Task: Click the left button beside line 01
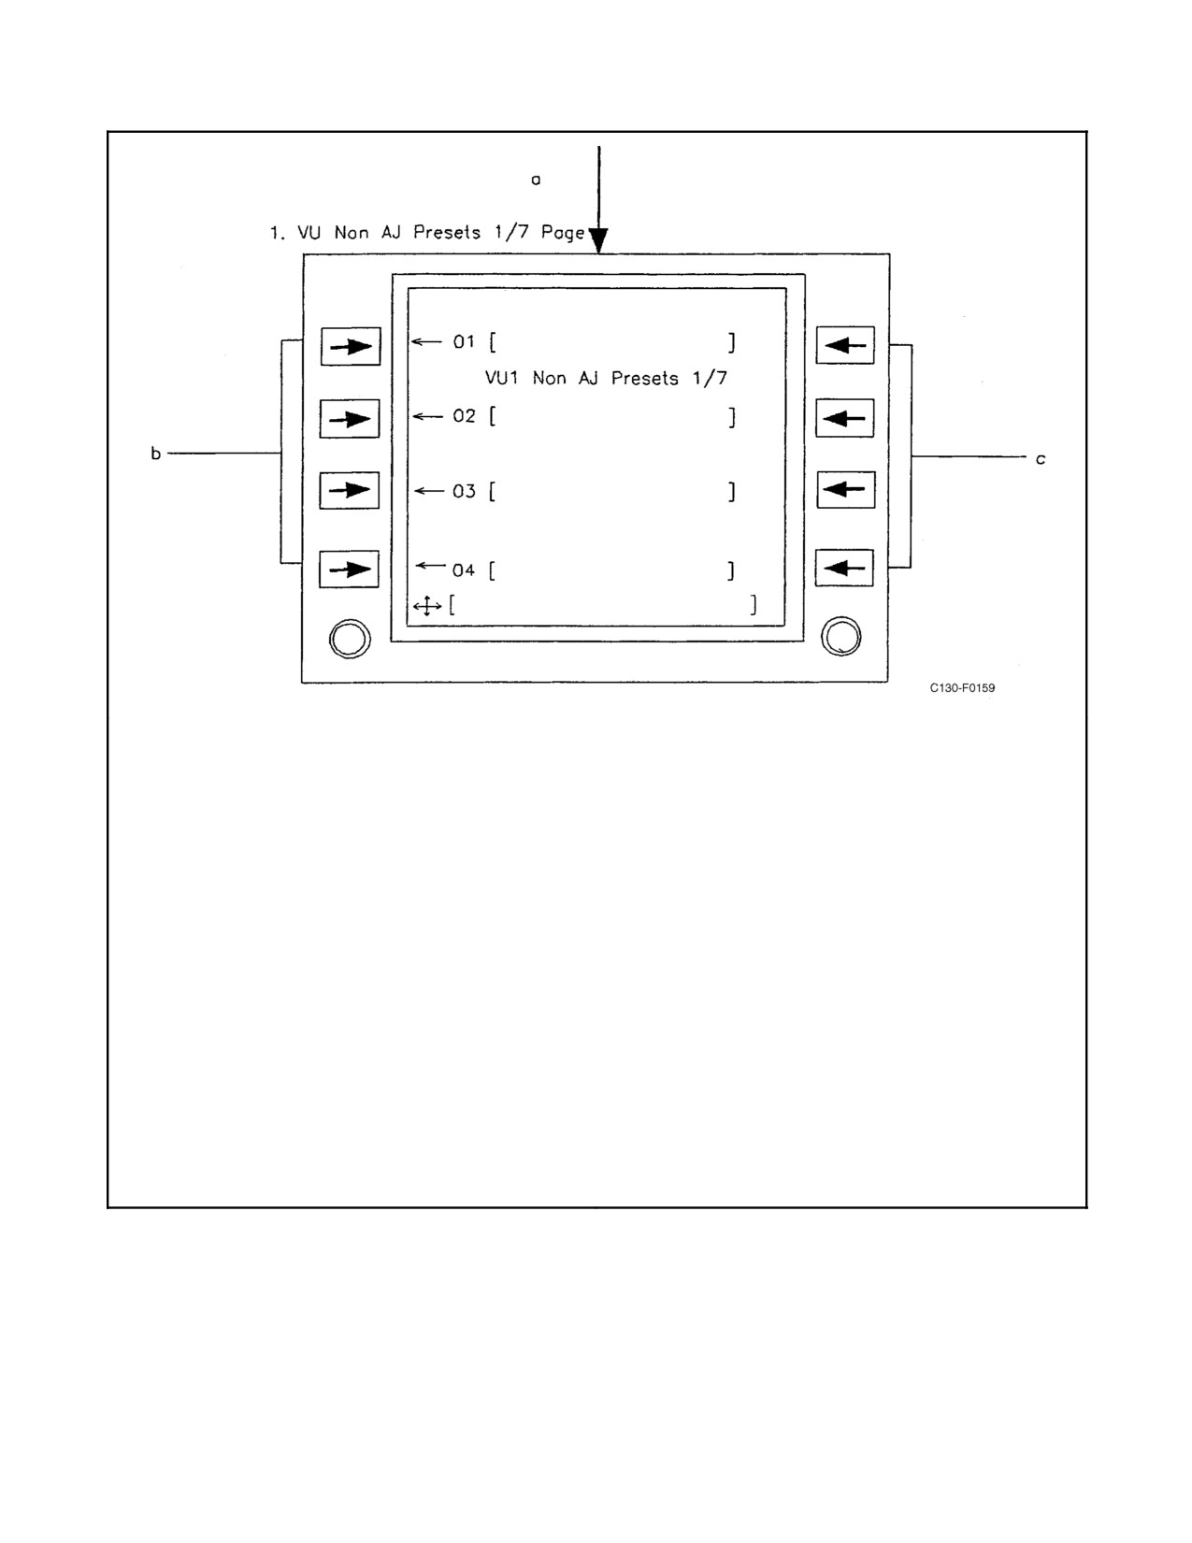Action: coord(351,347)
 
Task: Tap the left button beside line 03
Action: coord(350,490)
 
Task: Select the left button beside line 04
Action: coord(349,569)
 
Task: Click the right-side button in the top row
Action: coord(845,345)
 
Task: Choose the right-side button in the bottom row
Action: coord(844,568)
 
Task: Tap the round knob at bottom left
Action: coord(350,639)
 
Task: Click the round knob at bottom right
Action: coord(841,636)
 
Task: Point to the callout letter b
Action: coord(156,453)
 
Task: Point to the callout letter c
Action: coord(1041,459)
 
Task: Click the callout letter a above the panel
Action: coord(536,180)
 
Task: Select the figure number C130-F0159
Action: coord(962,688)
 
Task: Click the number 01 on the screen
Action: coord(464,342)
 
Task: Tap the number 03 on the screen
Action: coord(464,491)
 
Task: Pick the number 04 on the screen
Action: coord(464,570)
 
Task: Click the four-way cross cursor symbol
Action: coord(427,606)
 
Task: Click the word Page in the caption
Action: coord(563,234)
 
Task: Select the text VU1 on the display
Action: coord(502,378)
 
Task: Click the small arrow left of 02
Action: coord(428,416)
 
